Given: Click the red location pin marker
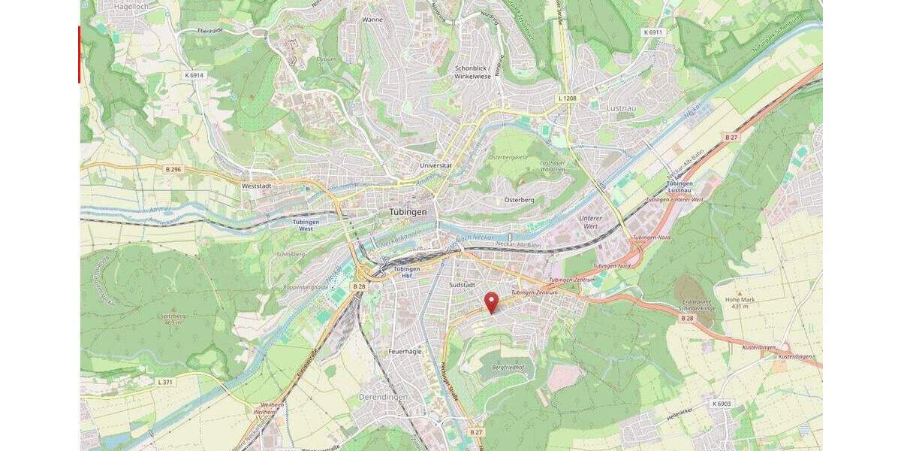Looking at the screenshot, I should click(492, 301).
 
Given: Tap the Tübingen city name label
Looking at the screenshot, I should click(408, 212).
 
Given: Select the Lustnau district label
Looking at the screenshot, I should click(622, 108).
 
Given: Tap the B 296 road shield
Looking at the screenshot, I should click(173, 169).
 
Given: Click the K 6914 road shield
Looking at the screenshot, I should click(194, 75).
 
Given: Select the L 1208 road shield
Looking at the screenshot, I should click(568, 98).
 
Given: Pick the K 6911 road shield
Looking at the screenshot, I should click(653, 32).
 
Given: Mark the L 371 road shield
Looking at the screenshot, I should click(166, 382).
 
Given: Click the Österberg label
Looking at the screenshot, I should click(519, 200).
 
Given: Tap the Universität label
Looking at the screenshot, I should click(435, 165).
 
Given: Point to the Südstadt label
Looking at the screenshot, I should click(463, 286).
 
